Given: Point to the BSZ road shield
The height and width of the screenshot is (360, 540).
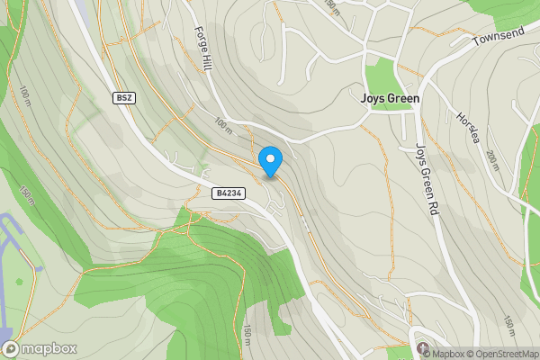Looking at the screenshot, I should tap(124, 97).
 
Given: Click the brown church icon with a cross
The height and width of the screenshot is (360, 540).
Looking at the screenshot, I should tap(422, 346).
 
